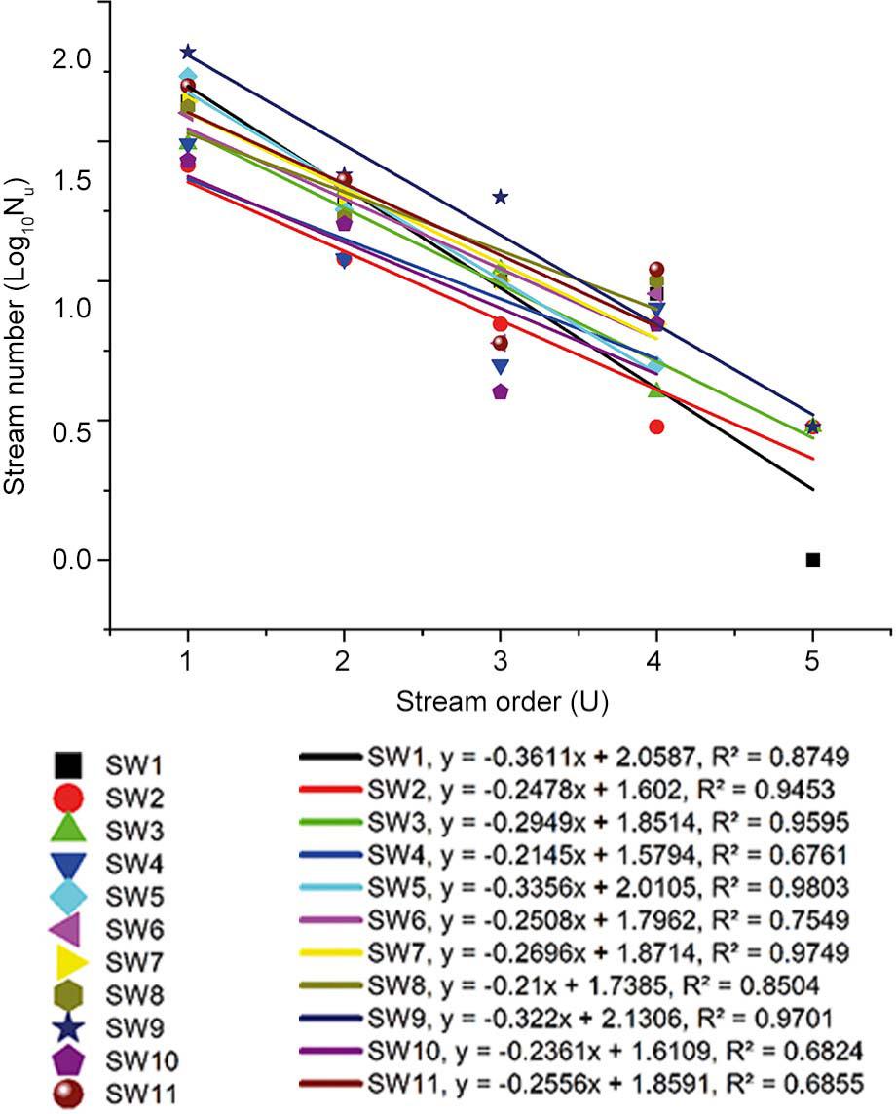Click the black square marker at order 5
813,559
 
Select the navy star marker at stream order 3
501,197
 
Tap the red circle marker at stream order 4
656,427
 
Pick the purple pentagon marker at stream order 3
501,391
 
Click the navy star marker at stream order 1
188,52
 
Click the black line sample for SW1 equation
332,756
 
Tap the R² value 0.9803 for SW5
818,886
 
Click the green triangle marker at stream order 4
656,390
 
